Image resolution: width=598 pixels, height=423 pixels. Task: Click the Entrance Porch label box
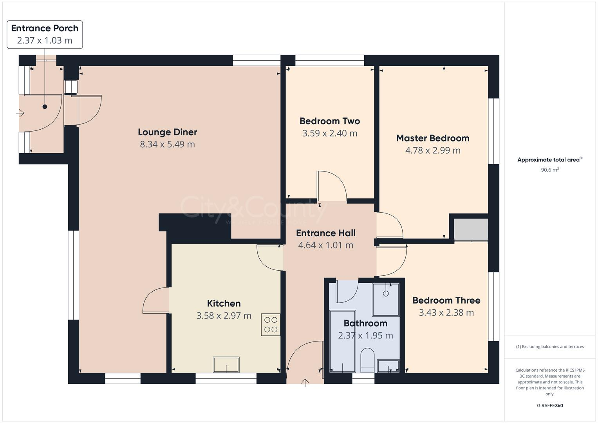click(45, 34)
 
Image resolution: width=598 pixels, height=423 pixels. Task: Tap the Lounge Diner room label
click(167, 132)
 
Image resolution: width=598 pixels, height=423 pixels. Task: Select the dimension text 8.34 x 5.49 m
click(167, 144)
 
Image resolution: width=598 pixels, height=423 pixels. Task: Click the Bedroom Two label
click(329, 121)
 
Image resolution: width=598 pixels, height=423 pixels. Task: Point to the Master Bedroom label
click(432, 138)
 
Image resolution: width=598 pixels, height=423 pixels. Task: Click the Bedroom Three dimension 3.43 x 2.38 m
click(446, 313)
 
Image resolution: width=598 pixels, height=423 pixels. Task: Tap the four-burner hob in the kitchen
click(271, 325)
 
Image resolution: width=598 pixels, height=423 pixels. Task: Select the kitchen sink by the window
click(226, 365)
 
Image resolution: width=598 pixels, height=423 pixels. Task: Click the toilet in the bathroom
click(367, 360)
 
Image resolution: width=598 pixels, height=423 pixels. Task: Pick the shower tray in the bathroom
click(386, 300)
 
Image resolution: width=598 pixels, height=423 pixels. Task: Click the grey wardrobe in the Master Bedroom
click(471, 230)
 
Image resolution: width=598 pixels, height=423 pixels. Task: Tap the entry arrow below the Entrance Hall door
click(305, 383)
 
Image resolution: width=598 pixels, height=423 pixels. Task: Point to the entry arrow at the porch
click(20, 114)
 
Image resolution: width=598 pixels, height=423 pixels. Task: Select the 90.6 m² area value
click(549, 170)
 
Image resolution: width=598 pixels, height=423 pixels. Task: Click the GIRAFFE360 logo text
click(549, 405)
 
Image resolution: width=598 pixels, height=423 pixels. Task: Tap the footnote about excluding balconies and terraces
click(549, 347)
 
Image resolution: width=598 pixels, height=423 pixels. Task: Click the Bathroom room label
click(365, 324)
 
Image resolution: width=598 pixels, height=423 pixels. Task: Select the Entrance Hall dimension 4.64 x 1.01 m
click(325, 245)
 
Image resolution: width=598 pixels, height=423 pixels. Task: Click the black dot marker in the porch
click(45, 107)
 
